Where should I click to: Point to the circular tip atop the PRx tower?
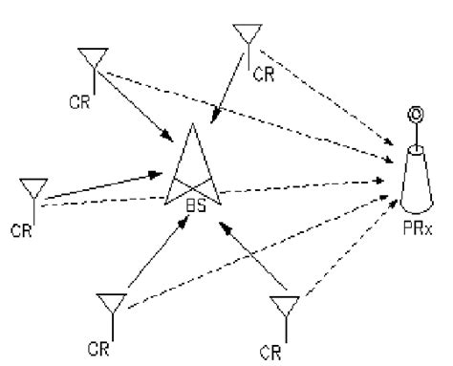click(x=417, y=117)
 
